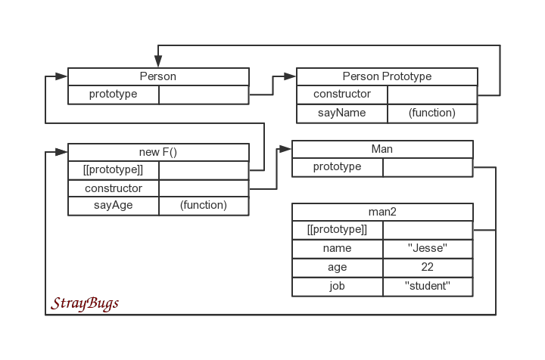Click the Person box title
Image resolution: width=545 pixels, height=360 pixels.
click(x=158, y=76)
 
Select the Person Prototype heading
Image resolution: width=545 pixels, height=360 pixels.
click(x=387, y=76)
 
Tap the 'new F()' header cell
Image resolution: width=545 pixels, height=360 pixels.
click(x=158, y=152)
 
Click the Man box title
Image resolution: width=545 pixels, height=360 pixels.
click(x=382, y=149)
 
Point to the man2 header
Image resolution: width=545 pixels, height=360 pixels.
click(x=382, y=211)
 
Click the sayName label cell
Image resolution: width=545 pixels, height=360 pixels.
click(x=342, y=113)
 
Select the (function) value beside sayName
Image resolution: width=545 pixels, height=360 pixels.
click(x=431, y=113)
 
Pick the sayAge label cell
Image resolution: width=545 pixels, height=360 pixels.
click(x=114, y=206)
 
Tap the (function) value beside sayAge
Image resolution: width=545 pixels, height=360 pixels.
click(x=203, y=206)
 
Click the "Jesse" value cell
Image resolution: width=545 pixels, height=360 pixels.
click(x=428, y=248)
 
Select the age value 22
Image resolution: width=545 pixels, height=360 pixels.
click(x=428, y=268)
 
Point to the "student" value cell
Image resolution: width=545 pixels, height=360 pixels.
click(x=428, y=287)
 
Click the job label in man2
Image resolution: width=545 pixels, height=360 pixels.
click(x=338, y=287)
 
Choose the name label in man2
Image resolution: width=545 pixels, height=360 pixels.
click(x=338, y=248)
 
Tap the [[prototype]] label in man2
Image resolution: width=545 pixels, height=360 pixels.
click(x=338, y=229)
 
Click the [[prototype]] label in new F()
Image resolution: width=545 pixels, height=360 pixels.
click(x=114, y=169)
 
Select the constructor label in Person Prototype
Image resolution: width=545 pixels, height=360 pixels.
click(x=342, y=95)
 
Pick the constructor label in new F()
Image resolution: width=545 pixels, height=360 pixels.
click(x=114, y=188)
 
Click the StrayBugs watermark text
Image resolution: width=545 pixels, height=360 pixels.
click(x=85, y=304)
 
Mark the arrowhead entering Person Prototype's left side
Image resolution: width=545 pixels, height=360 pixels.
click(x=289, y=76)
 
